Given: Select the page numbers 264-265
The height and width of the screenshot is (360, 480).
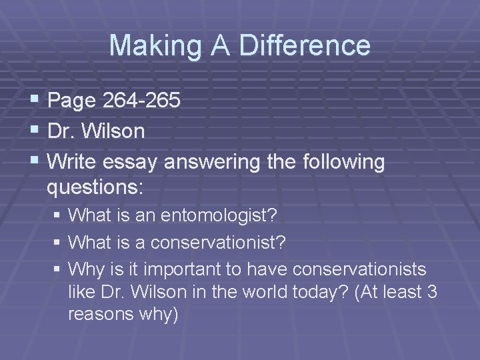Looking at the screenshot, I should tap(141, 101).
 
